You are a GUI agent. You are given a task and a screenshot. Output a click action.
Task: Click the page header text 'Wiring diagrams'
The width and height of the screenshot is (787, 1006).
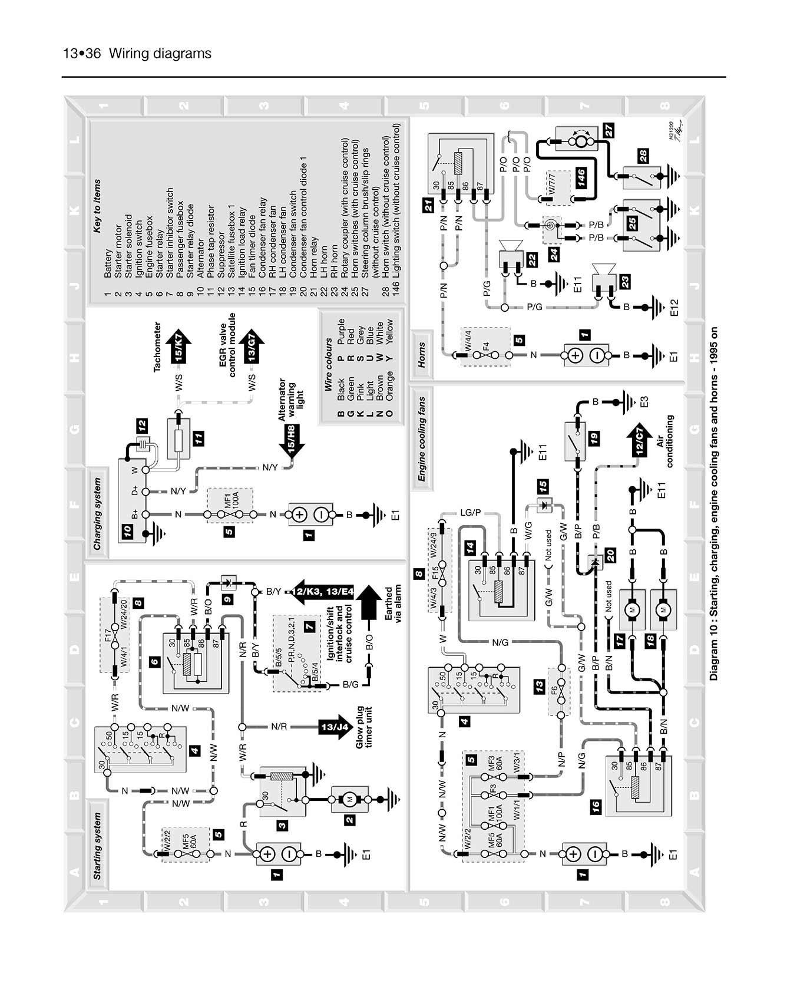160,54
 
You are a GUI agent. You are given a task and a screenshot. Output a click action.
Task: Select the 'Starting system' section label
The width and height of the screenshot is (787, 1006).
98,846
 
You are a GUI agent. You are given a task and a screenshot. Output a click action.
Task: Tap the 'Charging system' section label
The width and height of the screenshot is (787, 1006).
98,514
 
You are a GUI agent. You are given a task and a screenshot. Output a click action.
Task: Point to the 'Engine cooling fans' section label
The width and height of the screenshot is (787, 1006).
422,439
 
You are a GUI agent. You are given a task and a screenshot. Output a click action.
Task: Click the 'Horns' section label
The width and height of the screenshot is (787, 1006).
422,355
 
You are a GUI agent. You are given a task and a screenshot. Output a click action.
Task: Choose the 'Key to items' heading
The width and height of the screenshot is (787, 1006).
98,206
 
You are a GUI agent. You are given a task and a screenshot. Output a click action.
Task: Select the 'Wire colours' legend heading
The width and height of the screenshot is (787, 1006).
329,365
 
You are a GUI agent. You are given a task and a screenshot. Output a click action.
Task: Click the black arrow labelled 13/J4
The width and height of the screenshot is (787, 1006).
335,727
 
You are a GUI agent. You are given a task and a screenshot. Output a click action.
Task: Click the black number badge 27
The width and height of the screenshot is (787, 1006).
609,130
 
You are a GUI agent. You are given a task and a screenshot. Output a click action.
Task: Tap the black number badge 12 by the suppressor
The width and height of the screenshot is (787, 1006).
142,426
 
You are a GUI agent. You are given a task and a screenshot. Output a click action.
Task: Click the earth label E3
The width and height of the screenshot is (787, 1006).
644,402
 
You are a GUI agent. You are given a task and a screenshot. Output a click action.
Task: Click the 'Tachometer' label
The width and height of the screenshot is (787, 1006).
157,347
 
